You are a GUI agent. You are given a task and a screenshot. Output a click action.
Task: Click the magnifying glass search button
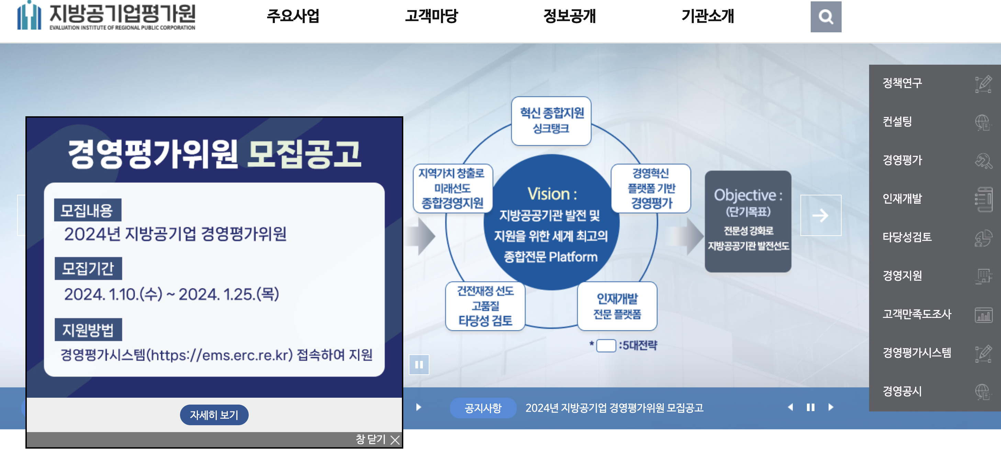pyautogui.click(x=825, y=17)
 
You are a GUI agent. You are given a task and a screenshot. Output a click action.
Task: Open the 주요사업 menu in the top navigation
pyautogui.click(x=293, y=16)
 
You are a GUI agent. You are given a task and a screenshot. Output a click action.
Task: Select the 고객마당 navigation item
pyautogui.click(x=431, y=16)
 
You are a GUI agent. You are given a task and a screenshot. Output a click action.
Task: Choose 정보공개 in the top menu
pyautogui.click(x=569, y=16)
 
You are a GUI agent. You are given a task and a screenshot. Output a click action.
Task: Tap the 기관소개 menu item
pyautogui.click(x=707, y=16)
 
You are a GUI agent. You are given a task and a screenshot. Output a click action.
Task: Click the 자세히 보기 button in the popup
pyautogui.click(x=214, y=415)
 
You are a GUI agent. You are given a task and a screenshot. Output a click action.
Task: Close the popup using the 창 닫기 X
pyautogui.click(x=395, y=440)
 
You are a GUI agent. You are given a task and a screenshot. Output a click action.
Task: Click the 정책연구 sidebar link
pyautogui.click(x=902, y=83)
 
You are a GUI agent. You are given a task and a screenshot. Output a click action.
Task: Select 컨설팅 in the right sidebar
pyautogui.click(x=897, y=121)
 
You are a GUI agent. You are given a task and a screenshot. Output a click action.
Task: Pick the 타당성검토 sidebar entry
pyautogui.click(x=907, y=237)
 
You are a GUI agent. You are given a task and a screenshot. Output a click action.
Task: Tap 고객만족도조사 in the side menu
pyautogui.click(x=917, y=314)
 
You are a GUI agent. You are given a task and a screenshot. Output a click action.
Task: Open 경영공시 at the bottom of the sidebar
pyautogui.click(x=902, y=391)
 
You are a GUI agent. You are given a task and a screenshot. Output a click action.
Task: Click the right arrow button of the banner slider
pyautogui.click(x=820, y=215)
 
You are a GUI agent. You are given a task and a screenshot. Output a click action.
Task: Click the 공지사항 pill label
pyautogui.click(x=483, y=408)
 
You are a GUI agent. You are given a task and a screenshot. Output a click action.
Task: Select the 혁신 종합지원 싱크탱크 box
pyautogui.click(x=551, y=121)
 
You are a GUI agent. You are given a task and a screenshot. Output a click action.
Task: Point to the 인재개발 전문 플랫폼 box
pyautogui.click(x=617, y=306)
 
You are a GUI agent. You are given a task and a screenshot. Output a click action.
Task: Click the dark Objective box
pyautogui.click(x=747, y=221)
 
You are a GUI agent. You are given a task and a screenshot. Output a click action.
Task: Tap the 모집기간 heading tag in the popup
pyautogui.click(x=88, y=268)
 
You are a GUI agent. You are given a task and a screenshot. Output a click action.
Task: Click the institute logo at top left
pyautogui.click(x=106, y=16)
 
